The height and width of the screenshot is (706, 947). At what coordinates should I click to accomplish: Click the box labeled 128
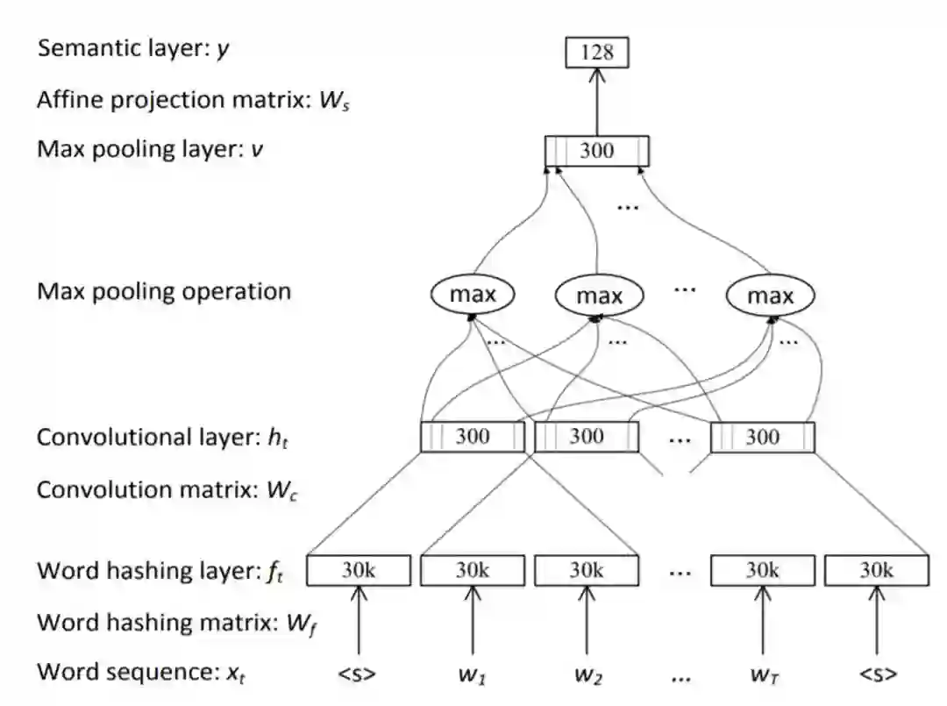pos(596,53)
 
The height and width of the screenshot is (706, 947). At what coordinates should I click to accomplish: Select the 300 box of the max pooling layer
pos(596,151)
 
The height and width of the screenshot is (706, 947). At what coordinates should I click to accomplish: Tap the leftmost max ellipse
pos(473,295)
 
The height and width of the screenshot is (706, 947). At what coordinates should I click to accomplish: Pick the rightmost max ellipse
pos(770,296)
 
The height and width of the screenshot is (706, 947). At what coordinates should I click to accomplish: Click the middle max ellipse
pos(599,296)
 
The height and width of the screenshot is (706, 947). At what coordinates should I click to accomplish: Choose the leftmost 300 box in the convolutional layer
pos(473,437)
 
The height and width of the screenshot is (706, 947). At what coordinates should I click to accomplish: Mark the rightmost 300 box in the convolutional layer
pos(762,437)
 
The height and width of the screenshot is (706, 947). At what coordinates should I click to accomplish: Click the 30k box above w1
pos(473,570)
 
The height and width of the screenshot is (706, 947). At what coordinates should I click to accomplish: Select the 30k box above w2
pos(587,570)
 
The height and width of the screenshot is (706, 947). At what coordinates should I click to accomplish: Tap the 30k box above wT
pos(762,570)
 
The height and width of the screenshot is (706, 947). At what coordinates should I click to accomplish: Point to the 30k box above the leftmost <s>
pos(359,570)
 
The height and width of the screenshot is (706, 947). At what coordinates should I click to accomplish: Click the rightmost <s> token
pos(876,674)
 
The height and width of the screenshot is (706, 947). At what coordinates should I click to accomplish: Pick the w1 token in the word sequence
pos(473,674)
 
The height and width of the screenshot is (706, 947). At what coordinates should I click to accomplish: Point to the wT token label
pos(762,674)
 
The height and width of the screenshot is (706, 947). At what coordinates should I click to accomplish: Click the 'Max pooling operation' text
pos(163,291)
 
